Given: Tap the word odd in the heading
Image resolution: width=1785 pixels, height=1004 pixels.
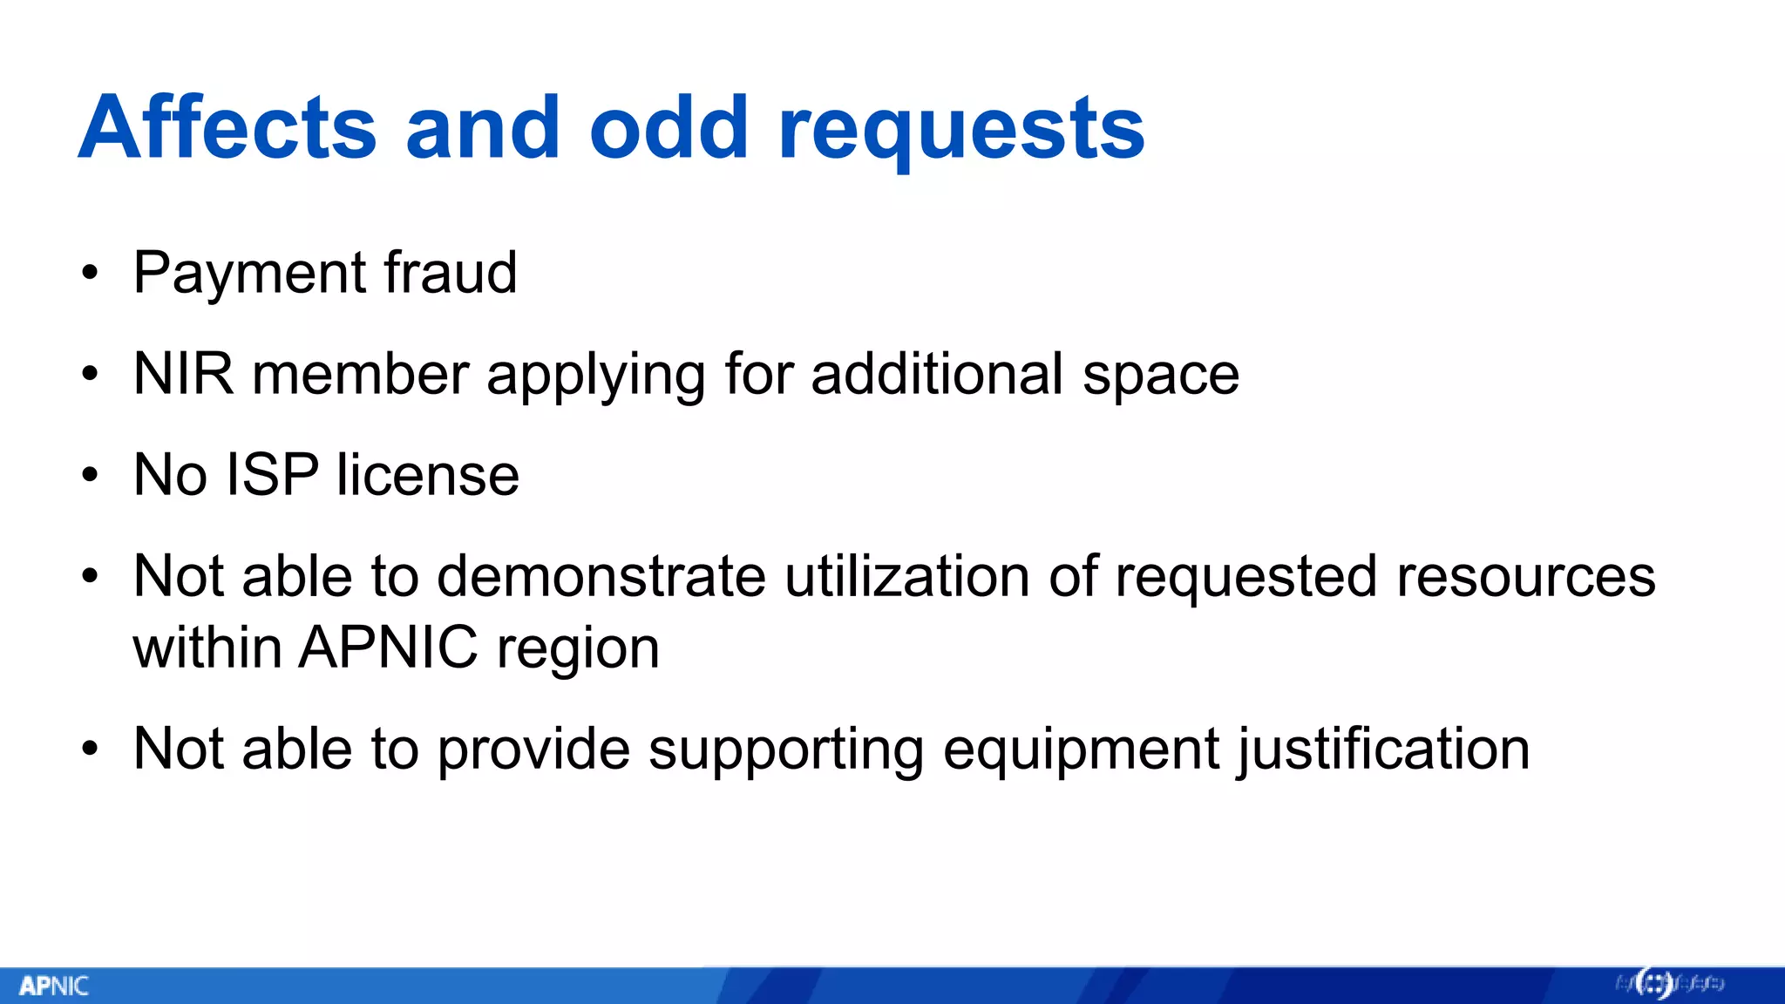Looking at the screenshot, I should point(669,128).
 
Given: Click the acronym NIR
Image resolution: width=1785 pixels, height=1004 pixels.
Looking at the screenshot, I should point(183,375).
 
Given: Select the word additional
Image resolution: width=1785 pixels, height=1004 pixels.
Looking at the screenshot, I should point(937,375).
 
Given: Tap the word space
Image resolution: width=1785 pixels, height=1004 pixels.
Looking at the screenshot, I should point(1160,377).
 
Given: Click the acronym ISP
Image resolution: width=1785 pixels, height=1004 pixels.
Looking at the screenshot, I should point(272,476).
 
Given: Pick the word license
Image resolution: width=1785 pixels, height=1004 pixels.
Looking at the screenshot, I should point(428,476).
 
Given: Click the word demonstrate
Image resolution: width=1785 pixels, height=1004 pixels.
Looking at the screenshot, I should point(601,577).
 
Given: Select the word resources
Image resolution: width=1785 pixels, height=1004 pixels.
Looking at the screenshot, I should point(1525,577).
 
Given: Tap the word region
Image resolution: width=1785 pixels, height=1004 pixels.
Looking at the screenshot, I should point(578,651).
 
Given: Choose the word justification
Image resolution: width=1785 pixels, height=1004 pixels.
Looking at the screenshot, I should point(1382,751).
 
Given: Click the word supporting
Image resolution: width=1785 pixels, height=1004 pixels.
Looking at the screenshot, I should point(785,751).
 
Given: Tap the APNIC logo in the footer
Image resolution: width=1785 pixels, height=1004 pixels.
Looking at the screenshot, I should point(54,986).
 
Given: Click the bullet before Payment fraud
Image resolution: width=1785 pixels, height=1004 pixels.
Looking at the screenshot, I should point(90,274).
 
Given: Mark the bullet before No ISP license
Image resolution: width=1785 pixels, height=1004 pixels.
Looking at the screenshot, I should point(90,476).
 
